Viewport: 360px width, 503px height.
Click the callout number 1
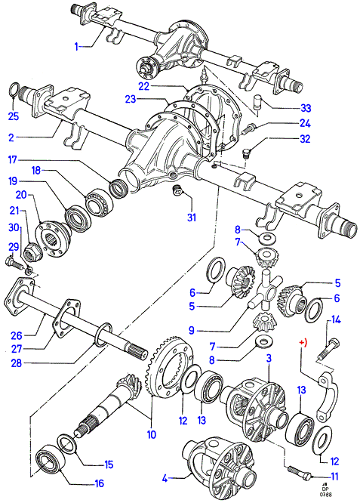click(x=76, y=47)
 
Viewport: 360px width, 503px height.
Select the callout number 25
click(x=14, y=116)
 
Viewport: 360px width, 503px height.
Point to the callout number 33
click(x=306, y=108)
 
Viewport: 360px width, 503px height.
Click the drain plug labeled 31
click(x=177, y=190)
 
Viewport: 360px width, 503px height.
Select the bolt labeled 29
click(x=13, y=262)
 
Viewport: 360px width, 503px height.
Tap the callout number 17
click(x=13, y=159)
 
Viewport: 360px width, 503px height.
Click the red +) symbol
click(x=303, y=342)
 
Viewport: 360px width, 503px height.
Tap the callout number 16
click(x=100, y=483)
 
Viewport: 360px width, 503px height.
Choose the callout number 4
click(x=165, y=479)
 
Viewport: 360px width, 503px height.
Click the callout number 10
click(x=151, y=435)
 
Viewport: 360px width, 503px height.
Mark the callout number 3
click(x=269, y=358)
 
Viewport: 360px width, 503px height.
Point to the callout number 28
click(x=16, y=363)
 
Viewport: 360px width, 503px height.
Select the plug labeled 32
click(x=247, y=153)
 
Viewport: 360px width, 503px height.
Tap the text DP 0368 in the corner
click(x=326, y=492)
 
